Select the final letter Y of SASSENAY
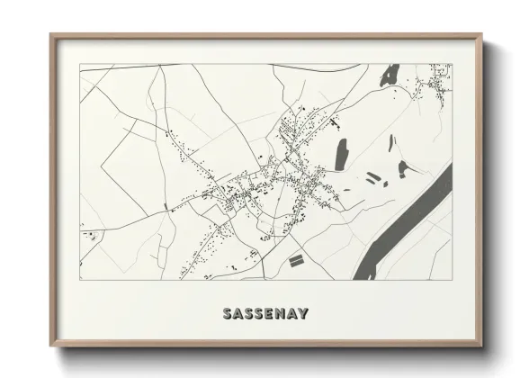pos(306,314)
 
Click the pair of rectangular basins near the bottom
pos(295,260)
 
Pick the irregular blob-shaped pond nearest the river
pos(400,166)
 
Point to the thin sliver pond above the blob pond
pos(391,141)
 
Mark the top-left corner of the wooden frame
pos(50,35)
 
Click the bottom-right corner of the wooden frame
pos(482,347)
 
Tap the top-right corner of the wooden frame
pos(482,35)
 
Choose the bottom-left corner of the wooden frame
pos(50,347)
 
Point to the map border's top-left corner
pos(80,64)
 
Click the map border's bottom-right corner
pos(452,280)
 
